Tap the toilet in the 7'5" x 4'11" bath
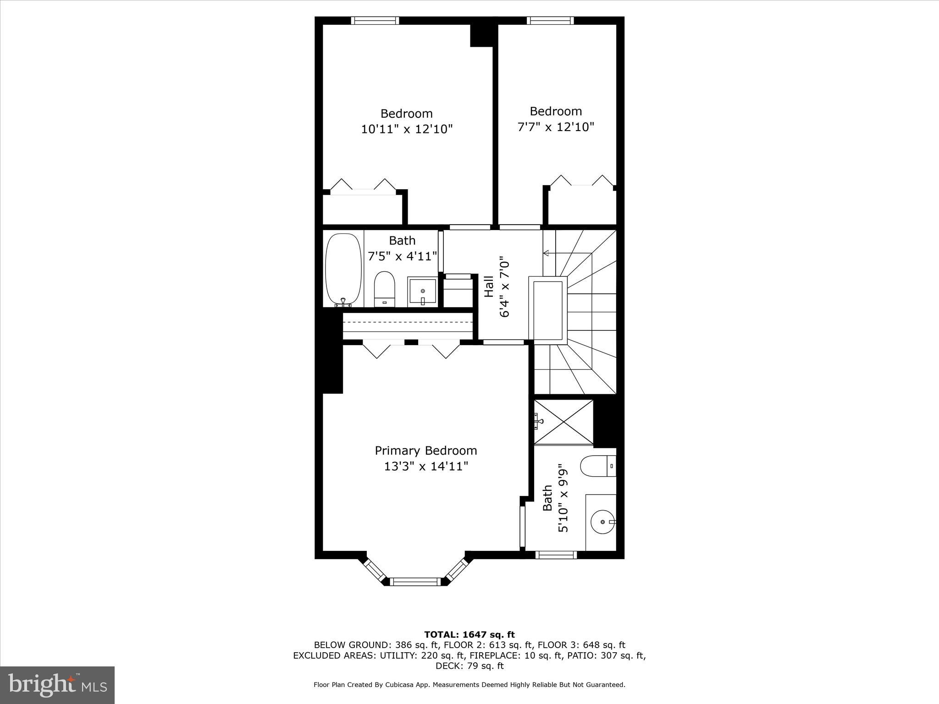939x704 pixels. (x=384, y=289)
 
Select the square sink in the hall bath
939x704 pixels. (x=422, y=291)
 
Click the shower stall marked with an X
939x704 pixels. (x=563, y=422)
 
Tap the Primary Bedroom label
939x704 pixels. (x=425, y=451)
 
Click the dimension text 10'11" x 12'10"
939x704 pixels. (x=407, y=129)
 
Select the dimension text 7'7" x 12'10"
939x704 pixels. (x=556, y=127)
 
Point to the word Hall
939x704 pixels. (x=489, y=286)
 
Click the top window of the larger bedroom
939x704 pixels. (x=375, y=20)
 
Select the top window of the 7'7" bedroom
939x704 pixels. (x=550, y=20)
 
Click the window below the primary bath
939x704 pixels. (x=556, y=555)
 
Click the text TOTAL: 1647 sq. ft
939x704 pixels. (x=469, y=635)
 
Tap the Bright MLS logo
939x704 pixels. (x=57, y=685)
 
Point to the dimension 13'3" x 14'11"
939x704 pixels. (x=425, y=467)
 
